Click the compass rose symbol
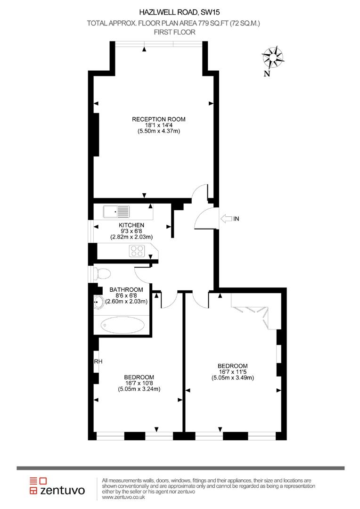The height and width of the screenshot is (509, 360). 273,57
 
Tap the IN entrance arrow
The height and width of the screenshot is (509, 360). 226,218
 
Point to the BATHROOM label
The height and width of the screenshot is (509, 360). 126,290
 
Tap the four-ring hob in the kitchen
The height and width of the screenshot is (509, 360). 137,251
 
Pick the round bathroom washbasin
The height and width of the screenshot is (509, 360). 99,302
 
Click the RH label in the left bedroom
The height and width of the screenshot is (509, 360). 98,361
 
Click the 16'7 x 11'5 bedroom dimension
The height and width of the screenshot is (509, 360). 232,372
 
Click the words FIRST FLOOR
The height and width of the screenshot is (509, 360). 174,32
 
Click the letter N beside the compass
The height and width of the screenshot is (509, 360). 267,73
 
